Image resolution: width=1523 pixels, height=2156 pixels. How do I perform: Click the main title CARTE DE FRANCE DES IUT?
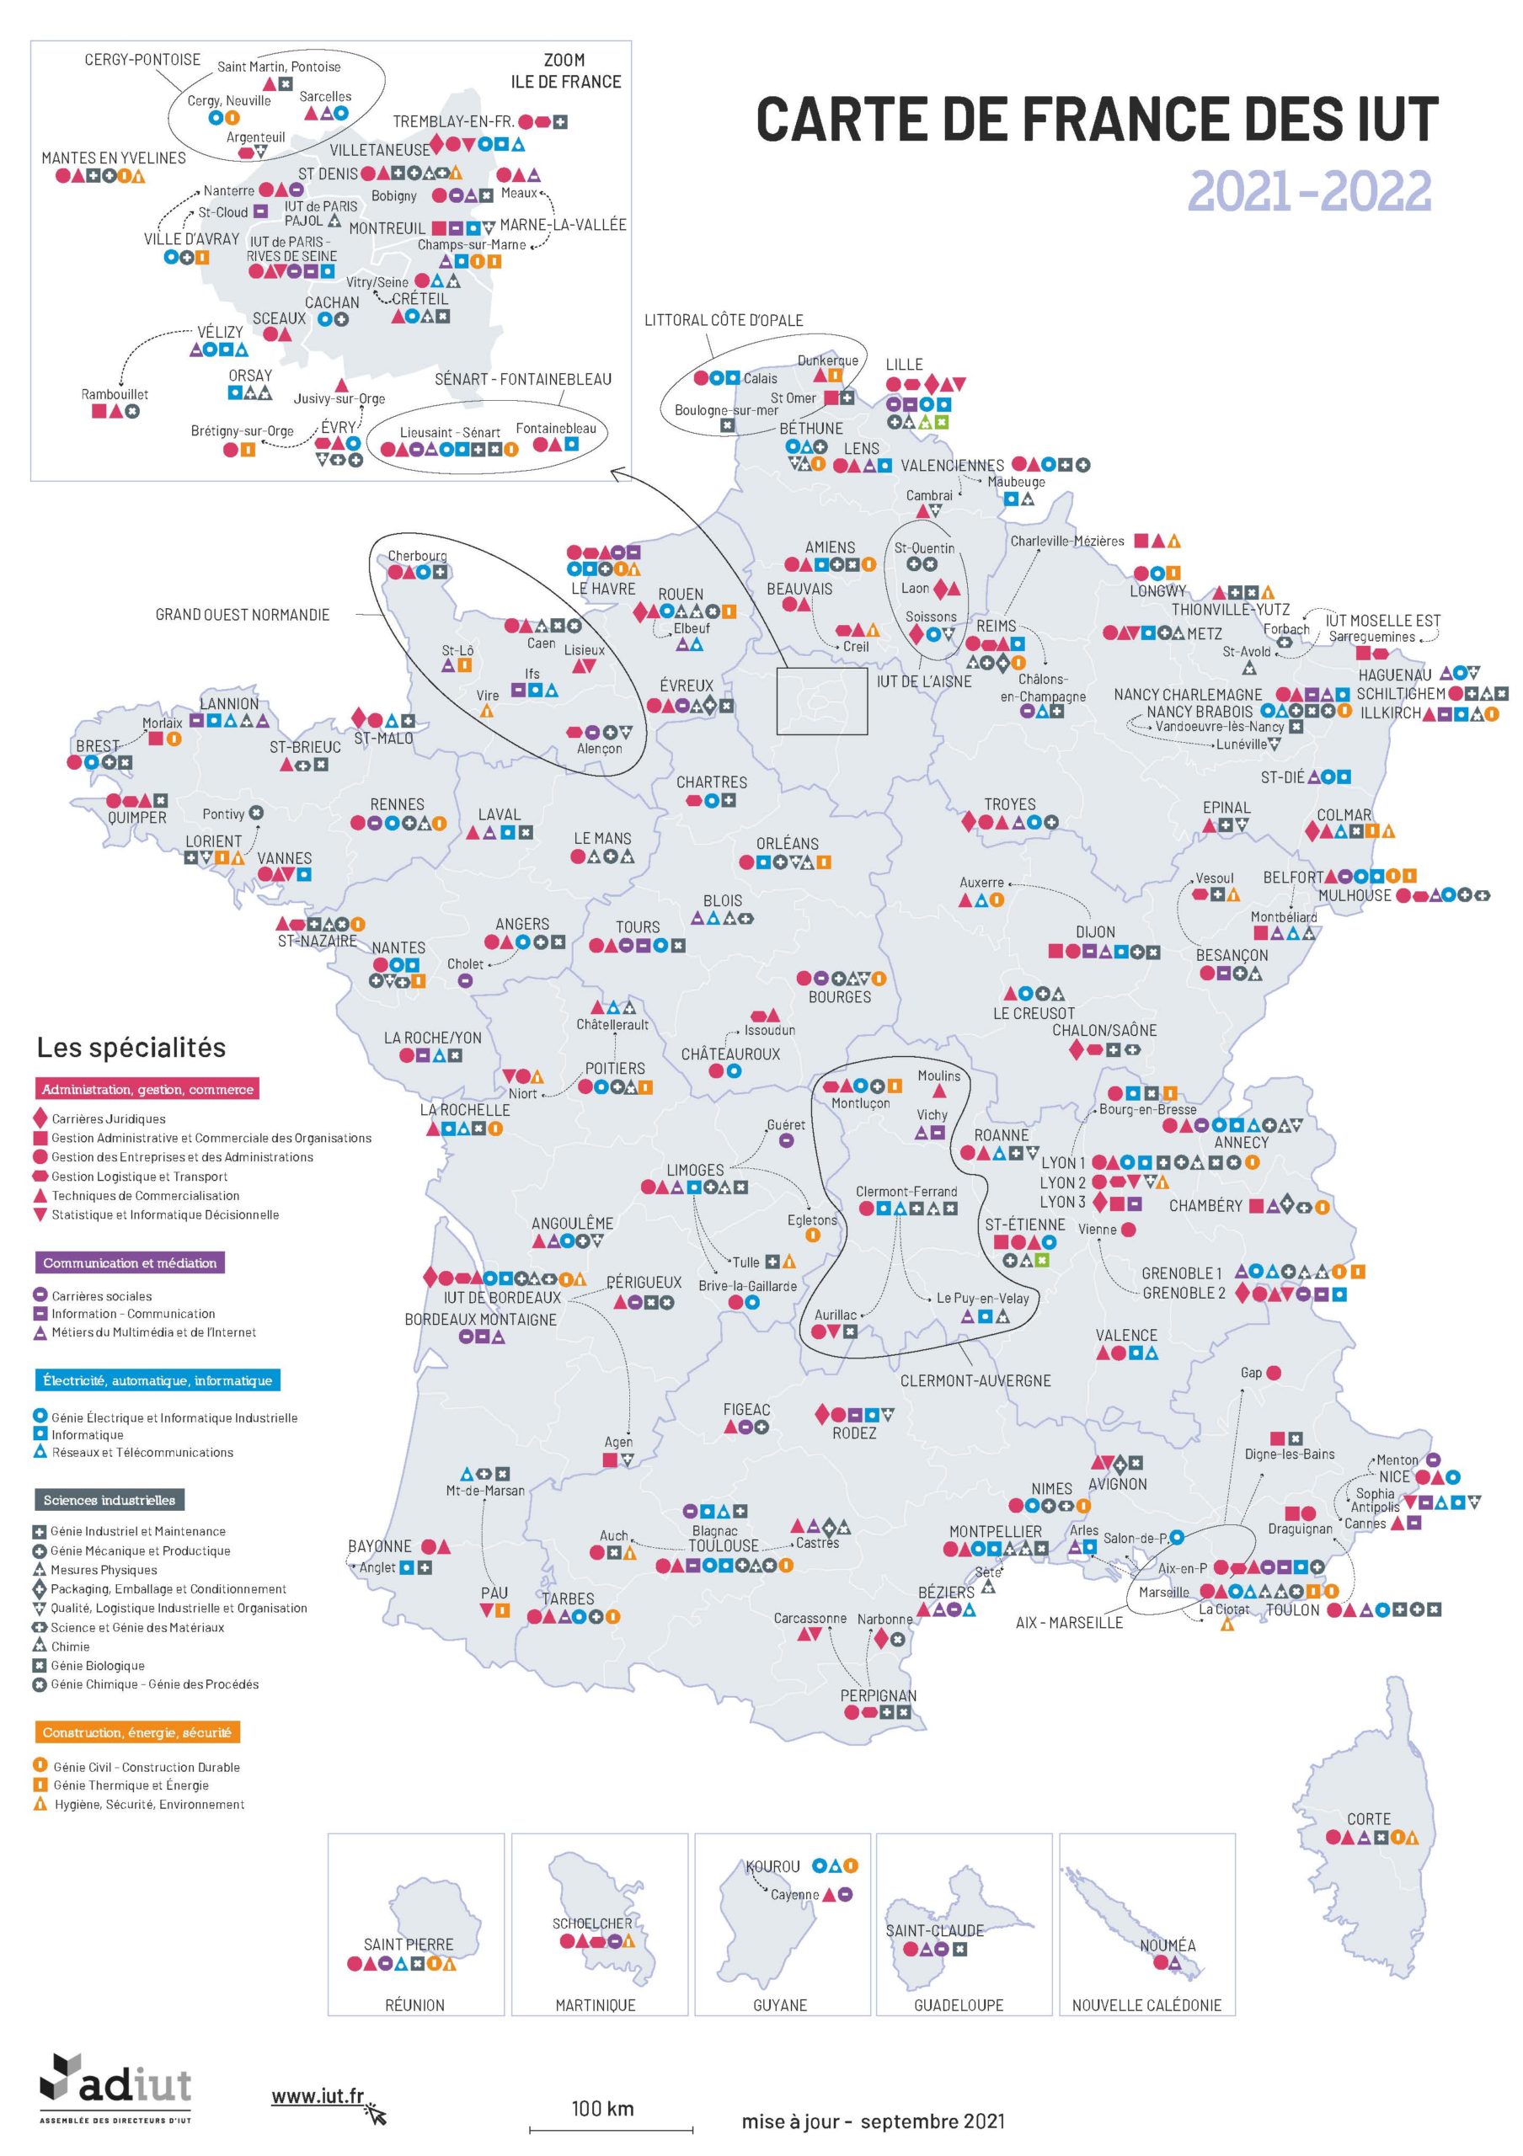(x=1096, y=120)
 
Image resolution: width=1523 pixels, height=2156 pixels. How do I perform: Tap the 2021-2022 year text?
(x=1309, y=191)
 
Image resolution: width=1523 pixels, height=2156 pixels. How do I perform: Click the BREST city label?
(x=98, y=745)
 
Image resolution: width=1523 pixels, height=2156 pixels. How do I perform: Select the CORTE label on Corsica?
(x=1368, y=1819)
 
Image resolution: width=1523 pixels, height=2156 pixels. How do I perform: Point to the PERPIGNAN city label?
(x=878, y=1695)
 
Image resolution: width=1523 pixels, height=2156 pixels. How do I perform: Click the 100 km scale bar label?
(x=602, y=2108)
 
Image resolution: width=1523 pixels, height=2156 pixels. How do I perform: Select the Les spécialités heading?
(x=131, y=1047)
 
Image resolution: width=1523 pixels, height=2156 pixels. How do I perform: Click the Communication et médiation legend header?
(x=130, y=1263)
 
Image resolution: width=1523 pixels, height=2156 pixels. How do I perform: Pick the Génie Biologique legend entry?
(x=97, y=1665)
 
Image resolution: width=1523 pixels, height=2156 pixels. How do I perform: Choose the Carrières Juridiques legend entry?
(x=108, y=1118)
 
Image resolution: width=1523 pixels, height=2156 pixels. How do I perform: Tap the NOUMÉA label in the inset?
(x=1168, y=1944)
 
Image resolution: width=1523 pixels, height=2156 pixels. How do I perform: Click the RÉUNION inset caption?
(x=414, y=2004)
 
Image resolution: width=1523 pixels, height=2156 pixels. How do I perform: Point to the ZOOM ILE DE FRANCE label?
(x=565, y=72)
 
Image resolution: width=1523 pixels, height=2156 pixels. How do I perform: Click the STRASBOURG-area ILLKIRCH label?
(x=1390, y=712)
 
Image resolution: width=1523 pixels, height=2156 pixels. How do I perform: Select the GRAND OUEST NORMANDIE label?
(x=243, y=614)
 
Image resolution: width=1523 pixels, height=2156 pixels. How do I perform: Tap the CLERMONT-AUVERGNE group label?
(x=975, y=1380)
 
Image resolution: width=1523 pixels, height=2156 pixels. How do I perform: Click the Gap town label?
(x=1251, y=1372)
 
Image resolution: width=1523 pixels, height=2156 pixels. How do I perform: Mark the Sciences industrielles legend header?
(x=109, y=1500)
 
